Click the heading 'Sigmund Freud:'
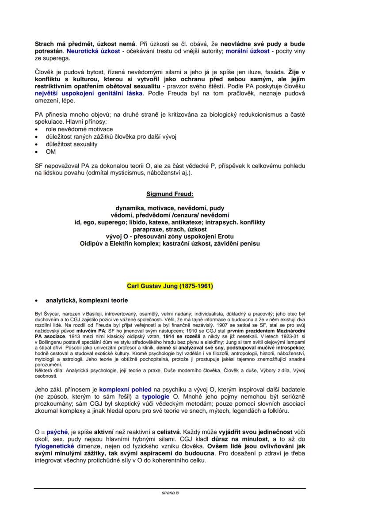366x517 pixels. (170, 194)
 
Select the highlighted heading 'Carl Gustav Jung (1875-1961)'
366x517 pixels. (170, 286)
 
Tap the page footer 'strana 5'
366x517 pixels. (170, 492)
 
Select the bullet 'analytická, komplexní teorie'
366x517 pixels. (87, 301)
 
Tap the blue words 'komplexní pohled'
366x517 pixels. (125, 390)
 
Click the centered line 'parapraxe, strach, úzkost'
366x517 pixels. (170, 230)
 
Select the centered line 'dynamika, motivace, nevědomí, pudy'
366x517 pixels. (170, 208)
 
